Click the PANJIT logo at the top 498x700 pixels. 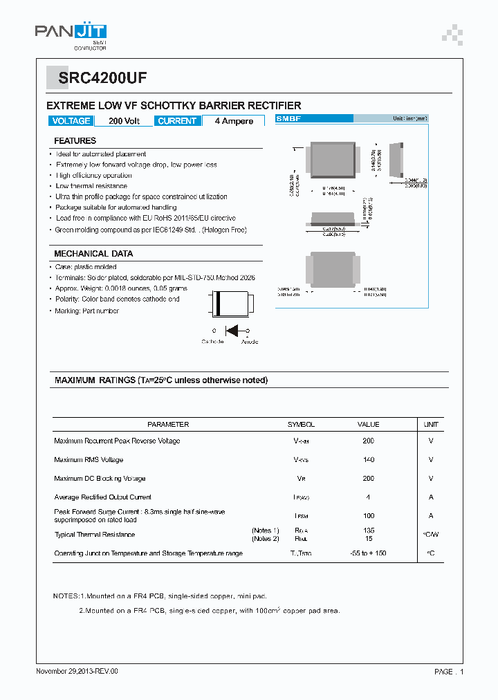pyautogui.click(x=71, y=33)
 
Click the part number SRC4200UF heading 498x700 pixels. pyautogui.click(x=102, y=78)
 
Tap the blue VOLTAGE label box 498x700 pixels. pyautogui.click(x=71, y=121)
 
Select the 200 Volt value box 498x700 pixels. pyautogui.click(x=124, y=121)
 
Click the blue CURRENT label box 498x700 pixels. pyautogui.click(x=177, y=121)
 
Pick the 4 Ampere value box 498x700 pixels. pyautogui.click(x=234, y=121)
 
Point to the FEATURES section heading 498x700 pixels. pyautogui.click(x=75, y=141)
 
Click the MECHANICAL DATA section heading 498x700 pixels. pyautogui.click(x=93, y=254)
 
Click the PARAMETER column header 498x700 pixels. pyautogui.click(x=168, y=425)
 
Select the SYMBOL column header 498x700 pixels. pyautogui.click(x=301, y=425)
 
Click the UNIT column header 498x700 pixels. pyautogui.click(x=431, y=425)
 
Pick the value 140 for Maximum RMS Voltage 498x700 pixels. pyautogui.click(x=368, y=460)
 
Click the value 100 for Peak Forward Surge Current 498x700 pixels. pyautogui.click(x=368, y=515)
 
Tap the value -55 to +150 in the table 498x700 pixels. pyautogui.click(x=368, y=553)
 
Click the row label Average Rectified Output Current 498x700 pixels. pyautogui.click(x=102, y=497)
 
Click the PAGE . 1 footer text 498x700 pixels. pyautogui.click(x=449, y=672)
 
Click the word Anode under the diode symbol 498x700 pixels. pyautogui.click(x=250, y=342)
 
